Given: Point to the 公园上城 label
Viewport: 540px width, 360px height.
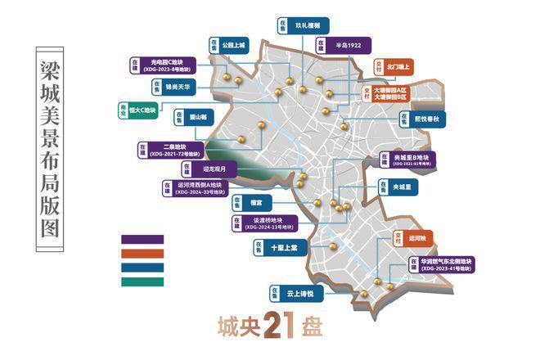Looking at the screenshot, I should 236,47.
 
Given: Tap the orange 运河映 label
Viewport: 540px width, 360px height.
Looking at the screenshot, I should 429,239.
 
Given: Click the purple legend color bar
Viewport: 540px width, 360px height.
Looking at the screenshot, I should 142,240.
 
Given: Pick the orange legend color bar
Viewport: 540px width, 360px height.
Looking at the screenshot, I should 142,254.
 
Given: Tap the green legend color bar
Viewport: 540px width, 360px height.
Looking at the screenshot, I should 142,282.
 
